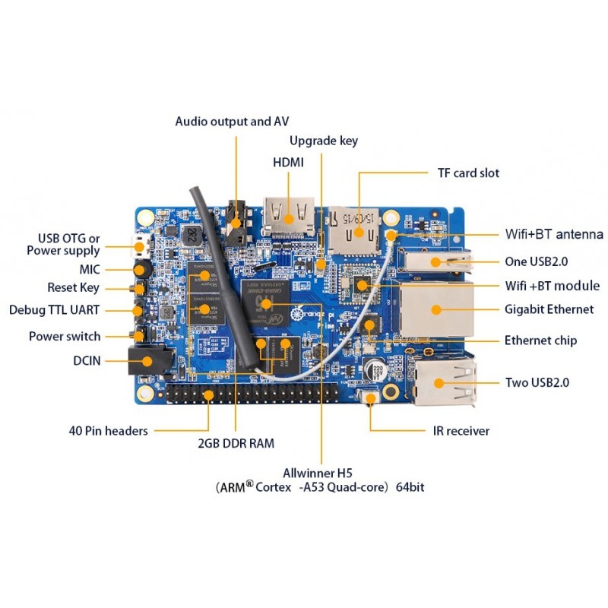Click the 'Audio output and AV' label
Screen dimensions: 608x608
click(x=232, y=121)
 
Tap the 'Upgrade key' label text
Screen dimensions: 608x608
click(x=324, y=141)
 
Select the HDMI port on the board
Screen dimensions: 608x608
click(x=289, y=214)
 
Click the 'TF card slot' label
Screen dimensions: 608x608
click(x=468, y=173)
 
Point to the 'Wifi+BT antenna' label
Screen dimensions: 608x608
click(x=554, y=234)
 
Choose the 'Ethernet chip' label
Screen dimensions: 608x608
click(x=540, y=340)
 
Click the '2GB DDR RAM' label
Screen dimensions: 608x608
click(x=236, y=443)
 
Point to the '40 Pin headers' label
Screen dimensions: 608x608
click(x=107, y=431)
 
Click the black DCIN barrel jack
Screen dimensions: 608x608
click(x=148, y=359)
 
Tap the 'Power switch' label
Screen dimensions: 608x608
click(x=65, y=336)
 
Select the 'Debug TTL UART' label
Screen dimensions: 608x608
click(x=55, y=310)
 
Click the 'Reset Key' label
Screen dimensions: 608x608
click(x=73, y=288)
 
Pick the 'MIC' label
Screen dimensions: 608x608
click(x=89, y=269)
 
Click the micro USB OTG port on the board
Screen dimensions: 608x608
click(x=139, y=245)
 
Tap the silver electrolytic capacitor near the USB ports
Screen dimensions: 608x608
click(x=375, y=371)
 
